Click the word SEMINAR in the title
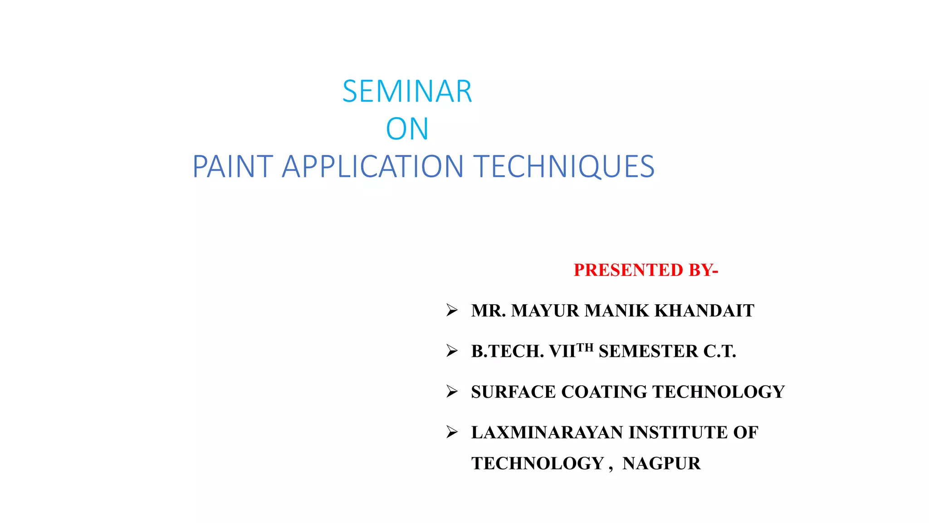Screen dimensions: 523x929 click(x=407, y=92)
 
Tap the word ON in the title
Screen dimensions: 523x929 click(x=407, y=129)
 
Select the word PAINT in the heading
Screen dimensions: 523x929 click(x=233, y=167)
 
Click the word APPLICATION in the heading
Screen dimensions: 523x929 click(x=372, y=167)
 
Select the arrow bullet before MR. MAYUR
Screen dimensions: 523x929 click(x=452, y=311)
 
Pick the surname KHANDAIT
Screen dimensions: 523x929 click(x=704, y=311)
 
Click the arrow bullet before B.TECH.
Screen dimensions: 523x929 click(x=452, y=351)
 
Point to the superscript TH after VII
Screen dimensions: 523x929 click(x=585, y=348)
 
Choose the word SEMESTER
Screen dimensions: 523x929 click(x=648, y=351)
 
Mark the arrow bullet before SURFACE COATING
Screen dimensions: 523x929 click(x=452, y=391)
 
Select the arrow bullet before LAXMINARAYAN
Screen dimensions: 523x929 click(x=452, y=432)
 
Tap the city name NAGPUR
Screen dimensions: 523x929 click(x=661, y=464)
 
